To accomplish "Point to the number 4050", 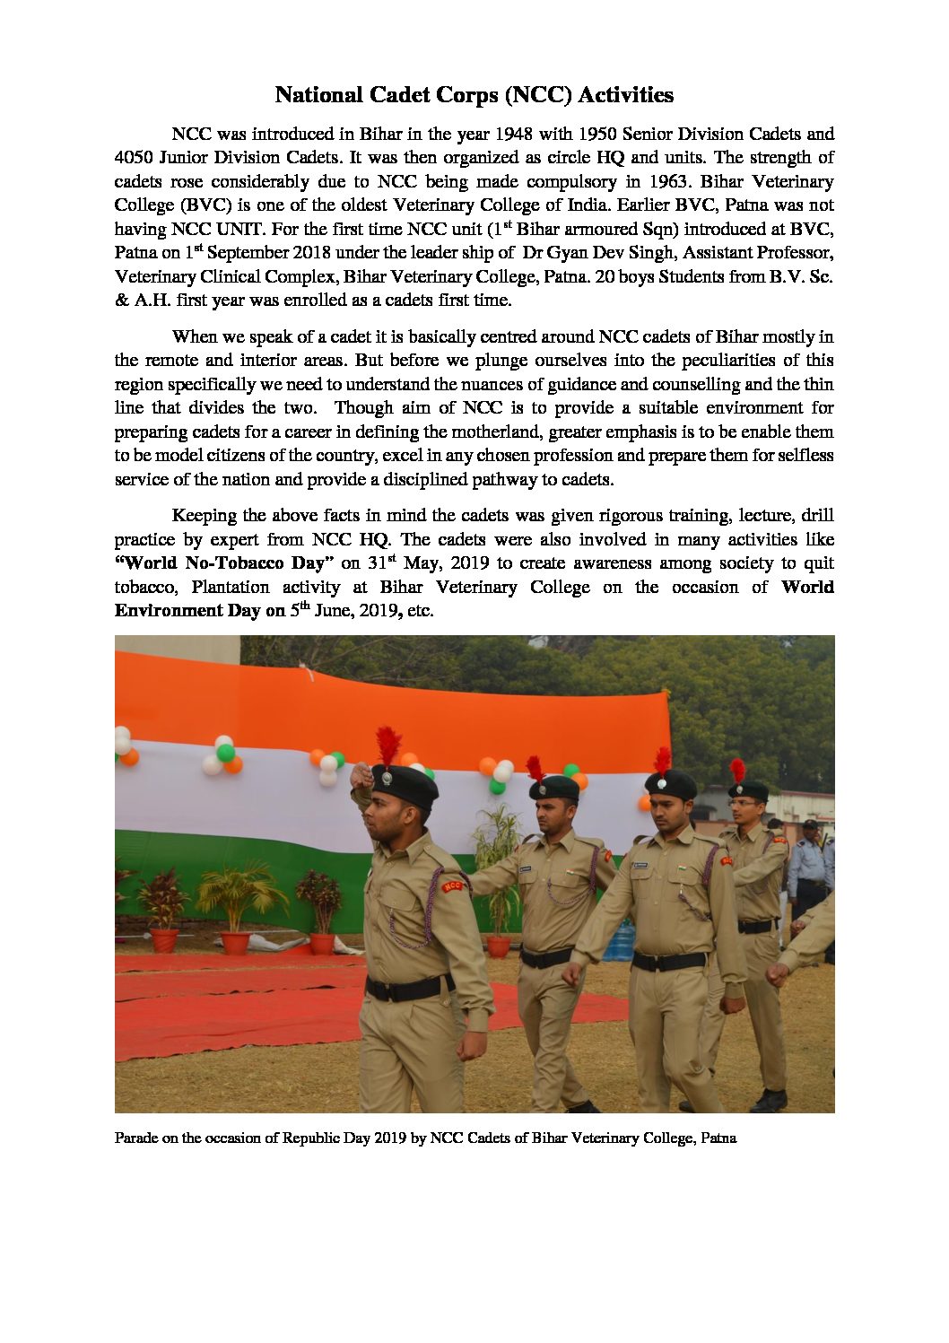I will tap(134, 158).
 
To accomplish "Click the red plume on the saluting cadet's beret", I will tap(387, 745).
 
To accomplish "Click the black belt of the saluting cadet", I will tap(409, 988).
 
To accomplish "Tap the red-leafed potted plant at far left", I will tap(162, 902).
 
